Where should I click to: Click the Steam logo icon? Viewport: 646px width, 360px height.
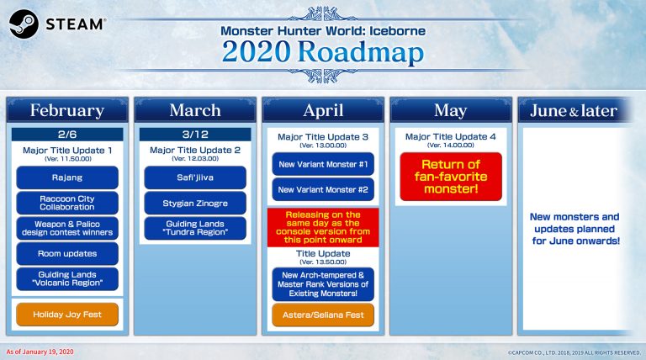tap(23, 24)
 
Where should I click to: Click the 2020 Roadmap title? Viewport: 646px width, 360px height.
tap(323, 50)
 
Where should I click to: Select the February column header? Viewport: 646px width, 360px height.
tap(67, 110)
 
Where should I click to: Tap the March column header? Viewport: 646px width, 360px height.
tap(195, 110)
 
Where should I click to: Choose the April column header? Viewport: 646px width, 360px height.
tap(323, 110)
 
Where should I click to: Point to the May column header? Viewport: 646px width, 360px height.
tap(450, 110)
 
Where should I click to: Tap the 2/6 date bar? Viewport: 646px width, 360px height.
tap(67, 135)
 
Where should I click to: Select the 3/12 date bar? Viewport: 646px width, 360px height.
tap(195, 135)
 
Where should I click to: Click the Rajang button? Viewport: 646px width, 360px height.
tap(67, 177)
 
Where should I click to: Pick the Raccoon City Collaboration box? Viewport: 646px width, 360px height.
tap(67, 203)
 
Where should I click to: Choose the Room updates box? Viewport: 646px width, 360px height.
tap(67, 253)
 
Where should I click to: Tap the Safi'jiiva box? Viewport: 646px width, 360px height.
tap(195, 177)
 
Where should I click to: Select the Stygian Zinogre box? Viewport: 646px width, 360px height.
tap(195, 203)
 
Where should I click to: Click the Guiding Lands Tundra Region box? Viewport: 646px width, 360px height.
tap(195, 228)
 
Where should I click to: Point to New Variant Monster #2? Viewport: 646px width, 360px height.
tap(323, 189)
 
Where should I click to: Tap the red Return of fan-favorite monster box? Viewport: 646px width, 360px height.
tap(450, 177)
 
